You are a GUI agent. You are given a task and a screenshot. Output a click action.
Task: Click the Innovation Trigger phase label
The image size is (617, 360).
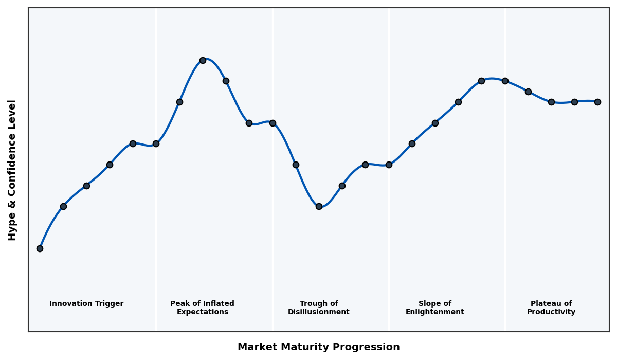click(x=86, y=304)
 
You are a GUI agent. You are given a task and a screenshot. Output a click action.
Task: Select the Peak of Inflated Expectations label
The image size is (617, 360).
click(x=202, y=308)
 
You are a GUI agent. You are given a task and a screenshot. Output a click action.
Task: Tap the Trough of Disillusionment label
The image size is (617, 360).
click(x=319, y=308)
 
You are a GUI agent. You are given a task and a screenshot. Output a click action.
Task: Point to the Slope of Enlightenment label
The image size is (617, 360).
click(x=434, y=308)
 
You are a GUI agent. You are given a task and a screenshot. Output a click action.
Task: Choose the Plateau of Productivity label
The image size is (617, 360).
click(x=551, y=308)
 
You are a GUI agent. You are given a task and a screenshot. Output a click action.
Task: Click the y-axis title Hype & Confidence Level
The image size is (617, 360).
click(x=12, y=170)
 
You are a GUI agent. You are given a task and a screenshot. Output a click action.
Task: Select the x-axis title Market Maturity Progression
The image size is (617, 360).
click(x=319, y=347)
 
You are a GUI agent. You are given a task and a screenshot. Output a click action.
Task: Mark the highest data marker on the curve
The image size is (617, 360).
click(x=203, y=60)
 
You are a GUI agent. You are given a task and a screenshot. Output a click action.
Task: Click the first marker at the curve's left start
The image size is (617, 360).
click(x=40, y=248)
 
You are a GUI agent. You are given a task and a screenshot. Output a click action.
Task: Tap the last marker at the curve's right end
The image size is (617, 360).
click(x=597, y=102)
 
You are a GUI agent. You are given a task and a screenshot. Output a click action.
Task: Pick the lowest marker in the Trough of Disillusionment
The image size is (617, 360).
click(x=319, y=206)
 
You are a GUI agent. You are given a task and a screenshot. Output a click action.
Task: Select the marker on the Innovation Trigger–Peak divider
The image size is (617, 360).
click(x=156, y=143)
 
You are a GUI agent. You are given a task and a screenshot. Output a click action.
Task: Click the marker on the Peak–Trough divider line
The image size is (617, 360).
click(x=273, y=123)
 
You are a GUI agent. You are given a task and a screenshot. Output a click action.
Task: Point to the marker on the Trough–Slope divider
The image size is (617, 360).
click(x=389, y=165)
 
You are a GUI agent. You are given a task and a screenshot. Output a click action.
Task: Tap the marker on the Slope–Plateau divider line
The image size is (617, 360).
click(x=505, y=81)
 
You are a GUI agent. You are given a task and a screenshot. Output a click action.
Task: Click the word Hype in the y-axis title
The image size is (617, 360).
click(x=12, y=228)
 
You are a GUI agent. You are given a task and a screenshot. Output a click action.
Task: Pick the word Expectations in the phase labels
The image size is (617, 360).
click(x=202, y=312)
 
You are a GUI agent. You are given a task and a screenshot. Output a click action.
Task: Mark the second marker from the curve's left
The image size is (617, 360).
click(x=63, y=206)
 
